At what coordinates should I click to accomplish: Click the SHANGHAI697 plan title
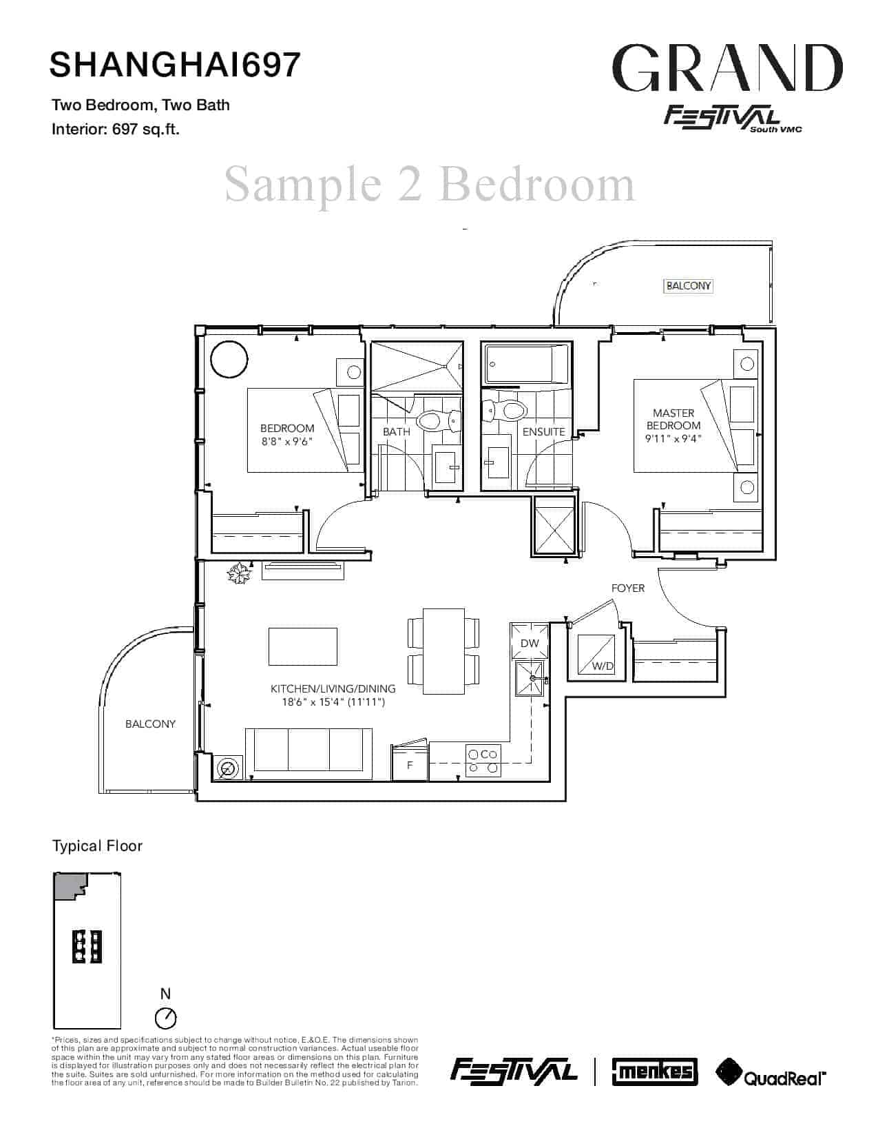pyautogui.click(x=175, y=64)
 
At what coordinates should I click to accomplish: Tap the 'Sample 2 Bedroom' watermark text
pyautogui.click(x=429, y=184)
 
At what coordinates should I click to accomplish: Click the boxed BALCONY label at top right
pyautogui.click(x=688, y=286)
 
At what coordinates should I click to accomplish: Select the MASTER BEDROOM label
pyautogui.click(x=673, y=419)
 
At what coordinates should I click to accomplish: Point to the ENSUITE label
pyautogui.click(x=544, y=431)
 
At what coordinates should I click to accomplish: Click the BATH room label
pyautogui.click(x=397, y=431)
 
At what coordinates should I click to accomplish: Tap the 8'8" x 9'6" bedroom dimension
pyautogui.click(x=287, y=441)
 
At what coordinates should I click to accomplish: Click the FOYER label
pyautogui.click(x=628, y=588)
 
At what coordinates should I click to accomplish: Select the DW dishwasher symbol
pyautogui.click(x=530, y=642)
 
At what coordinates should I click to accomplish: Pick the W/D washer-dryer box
pyautogui.click(x=596, y=653)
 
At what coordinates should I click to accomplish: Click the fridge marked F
pyautogui.click(x=410, y=764)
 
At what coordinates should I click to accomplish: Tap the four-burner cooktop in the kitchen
pyautogui.click(x=483, y=761)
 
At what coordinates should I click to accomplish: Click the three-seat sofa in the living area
pyautogui.click(x=309, y=750)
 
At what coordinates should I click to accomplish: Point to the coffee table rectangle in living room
pyautogui.click(x=303, y=646)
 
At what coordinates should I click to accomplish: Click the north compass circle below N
pyautogui.click(x=166, y=1018)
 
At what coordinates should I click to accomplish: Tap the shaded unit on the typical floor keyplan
pyautogui.click(x=70, y=886)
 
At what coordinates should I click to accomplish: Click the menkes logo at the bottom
pyautogui.click(x=655, y=1072)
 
